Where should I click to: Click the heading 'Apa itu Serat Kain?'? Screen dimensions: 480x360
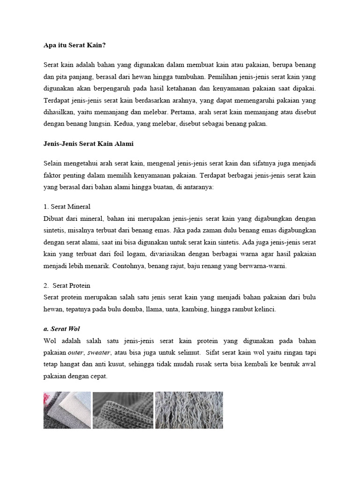[75, 45]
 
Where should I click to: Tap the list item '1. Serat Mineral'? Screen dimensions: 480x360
[67, 206]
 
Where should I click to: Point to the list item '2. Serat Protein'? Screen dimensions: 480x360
[67, 285]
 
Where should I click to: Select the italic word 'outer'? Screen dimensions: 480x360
[75, 352]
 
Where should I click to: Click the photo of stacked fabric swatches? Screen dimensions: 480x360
[67, 410]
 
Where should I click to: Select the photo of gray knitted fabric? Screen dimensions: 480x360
[123, 410]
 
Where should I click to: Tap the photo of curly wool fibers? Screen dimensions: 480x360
[189, 410]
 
